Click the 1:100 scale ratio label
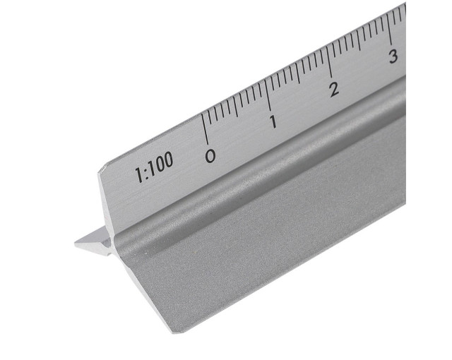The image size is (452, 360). [x=155, y=167]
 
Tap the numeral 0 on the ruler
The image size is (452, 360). [x=210, y=156]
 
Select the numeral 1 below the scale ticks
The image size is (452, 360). [x=273, y=121]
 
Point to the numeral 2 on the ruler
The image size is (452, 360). [x=334, y=89]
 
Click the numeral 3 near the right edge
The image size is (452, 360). [x=393, y=56]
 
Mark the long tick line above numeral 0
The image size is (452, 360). [x=204, y=128]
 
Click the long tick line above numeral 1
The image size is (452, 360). [x=268, y=95]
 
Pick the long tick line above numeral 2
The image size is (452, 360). [x=329, y=61]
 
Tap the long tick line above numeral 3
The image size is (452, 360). [x=389, y=29]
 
